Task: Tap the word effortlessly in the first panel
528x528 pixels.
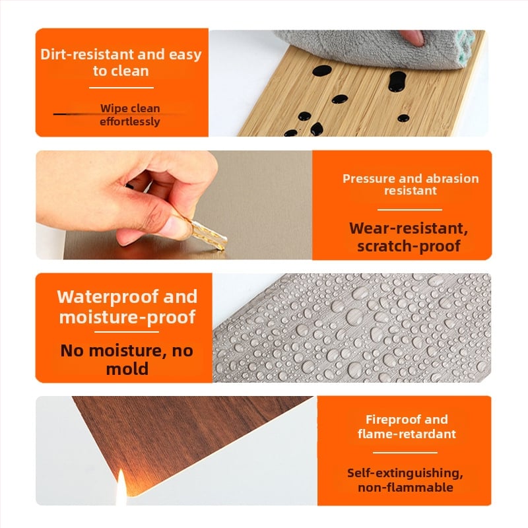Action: [x=130, y=121]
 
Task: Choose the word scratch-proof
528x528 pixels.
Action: [x=409, y=246]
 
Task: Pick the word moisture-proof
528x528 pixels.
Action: [x=127, y=317]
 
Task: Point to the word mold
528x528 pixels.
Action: [x=127, y=369]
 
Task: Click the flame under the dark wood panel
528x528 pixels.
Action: [x=121, y=486]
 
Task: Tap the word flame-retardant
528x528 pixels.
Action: [x=407, y=434]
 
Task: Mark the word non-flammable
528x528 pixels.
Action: [x=405, y=487]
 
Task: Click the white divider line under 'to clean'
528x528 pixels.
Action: [x=121, y=88]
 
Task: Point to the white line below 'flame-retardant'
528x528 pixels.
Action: [x=405, y=453]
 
